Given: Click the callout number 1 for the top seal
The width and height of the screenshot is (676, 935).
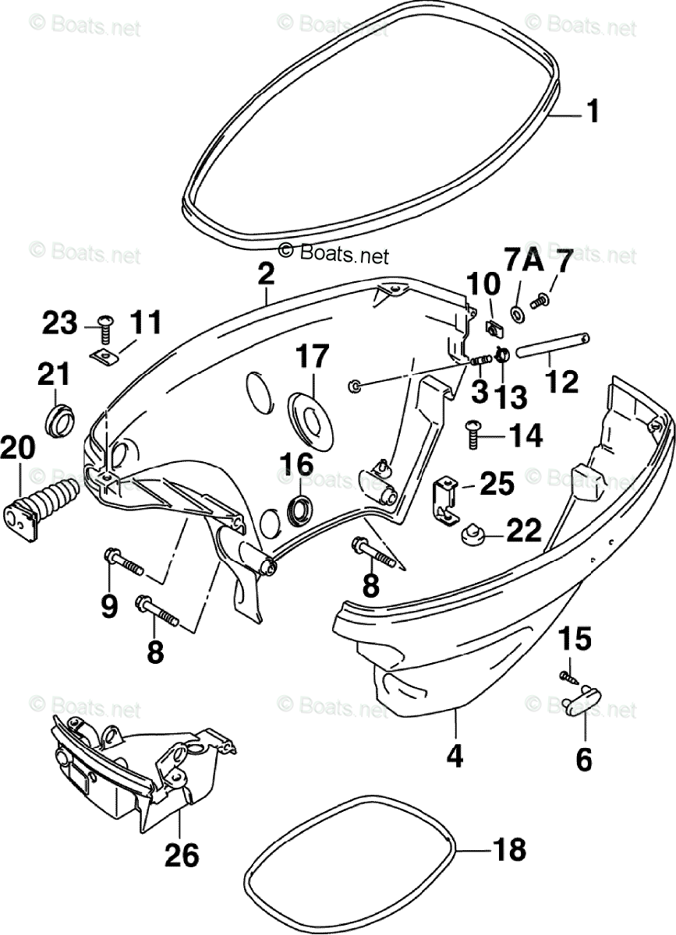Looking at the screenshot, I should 593,113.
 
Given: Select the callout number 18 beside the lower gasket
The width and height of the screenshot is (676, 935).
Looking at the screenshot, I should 509,849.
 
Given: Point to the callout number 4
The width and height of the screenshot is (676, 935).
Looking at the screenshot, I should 455,755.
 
